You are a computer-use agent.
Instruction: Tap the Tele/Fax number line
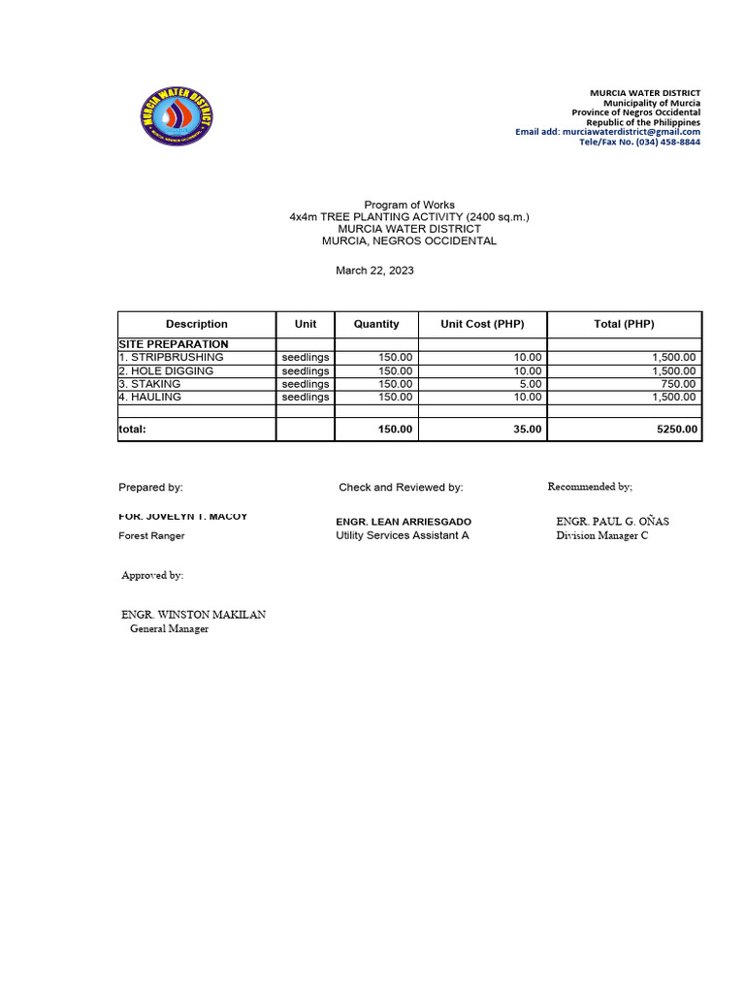(639, 142)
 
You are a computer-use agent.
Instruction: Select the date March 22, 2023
(374, 271)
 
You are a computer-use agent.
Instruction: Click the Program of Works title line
(408, 205)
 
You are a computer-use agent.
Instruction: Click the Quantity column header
(376, 324)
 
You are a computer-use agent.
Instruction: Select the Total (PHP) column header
(624, 324)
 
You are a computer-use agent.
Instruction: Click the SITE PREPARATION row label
(174, 344)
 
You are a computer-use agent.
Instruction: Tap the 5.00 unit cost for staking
(529, 384)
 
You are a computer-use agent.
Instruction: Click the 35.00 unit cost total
(528, 429)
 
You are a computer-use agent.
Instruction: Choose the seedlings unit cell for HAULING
(306, 397)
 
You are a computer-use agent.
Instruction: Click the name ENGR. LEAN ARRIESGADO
(404, 522)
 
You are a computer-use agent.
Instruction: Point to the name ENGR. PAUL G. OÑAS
(612, 521)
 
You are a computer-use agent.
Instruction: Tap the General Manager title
(169, 628)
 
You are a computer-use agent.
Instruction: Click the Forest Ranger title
(151, 535)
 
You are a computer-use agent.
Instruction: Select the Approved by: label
(152, 575)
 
